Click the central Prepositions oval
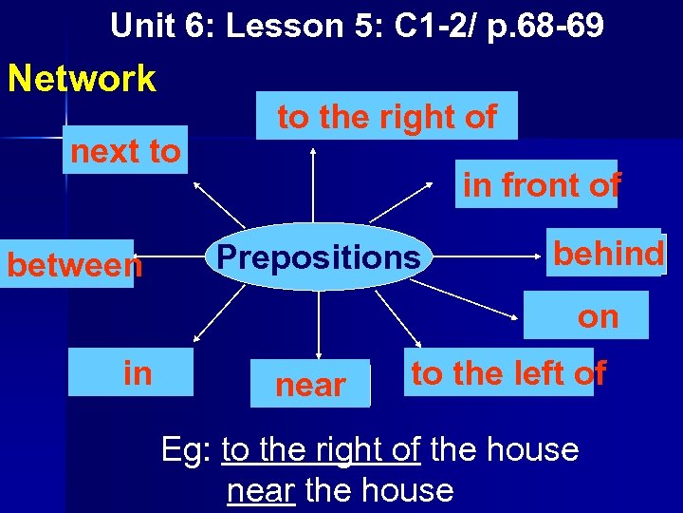[318, 256]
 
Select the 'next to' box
[125, 150]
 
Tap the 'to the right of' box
[387, 116]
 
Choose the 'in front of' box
[540, 184]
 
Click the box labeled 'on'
[598, 316]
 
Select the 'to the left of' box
[507, 373]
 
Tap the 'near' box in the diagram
[310, 384]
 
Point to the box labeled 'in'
[138, 373]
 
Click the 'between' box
[74, 265]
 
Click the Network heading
[82, 79]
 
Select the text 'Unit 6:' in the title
[162, 26]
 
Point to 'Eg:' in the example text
[187, 448]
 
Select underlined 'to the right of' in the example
[321, 448]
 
